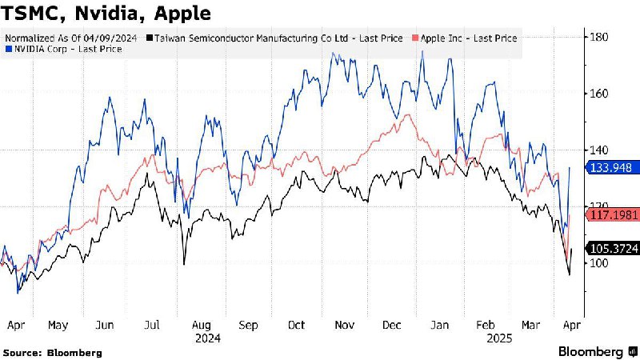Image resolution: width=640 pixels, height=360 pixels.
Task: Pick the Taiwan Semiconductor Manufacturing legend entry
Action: [276, 38]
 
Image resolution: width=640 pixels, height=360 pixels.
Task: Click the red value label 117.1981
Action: [613, 215]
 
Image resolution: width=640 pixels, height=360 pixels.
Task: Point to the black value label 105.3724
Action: [613, 249]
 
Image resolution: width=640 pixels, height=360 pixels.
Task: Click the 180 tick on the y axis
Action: [599, 37]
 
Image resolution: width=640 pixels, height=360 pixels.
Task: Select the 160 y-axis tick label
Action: [599, 94]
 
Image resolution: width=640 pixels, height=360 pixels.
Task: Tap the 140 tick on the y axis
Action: [599, 150]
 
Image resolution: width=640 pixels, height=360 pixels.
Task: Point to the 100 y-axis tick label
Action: [599, 263]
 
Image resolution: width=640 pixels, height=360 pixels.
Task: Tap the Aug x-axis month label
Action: [202, 326]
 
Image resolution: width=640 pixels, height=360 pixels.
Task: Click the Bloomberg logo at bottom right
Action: [595, 351]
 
